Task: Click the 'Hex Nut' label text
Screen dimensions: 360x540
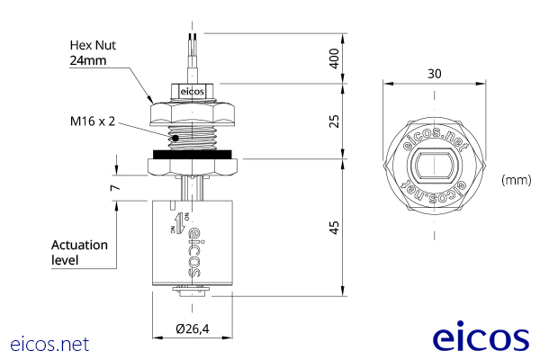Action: tap(94, 44)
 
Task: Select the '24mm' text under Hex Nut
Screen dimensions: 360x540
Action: tap(88, 60)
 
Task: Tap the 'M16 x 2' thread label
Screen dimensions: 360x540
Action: tap(94, 120)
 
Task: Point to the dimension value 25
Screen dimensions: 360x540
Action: tap(334, 121)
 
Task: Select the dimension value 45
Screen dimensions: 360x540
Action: tap(334, 227)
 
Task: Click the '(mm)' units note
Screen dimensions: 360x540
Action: tap(516, 180)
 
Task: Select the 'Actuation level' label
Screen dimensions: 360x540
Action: tap(79, 252)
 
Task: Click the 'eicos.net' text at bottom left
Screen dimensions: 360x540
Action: tap(49, 344)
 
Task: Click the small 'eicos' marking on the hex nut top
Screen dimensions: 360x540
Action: tap(193, 92)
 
